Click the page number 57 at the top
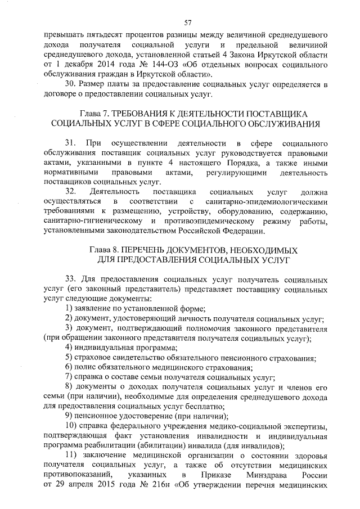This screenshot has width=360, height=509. tap(188, 22)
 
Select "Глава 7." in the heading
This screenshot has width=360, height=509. tap(97, 113)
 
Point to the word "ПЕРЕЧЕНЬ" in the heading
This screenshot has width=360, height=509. tap(147, 250)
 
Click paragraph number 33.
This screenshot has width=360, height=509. tap(70, 278)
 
